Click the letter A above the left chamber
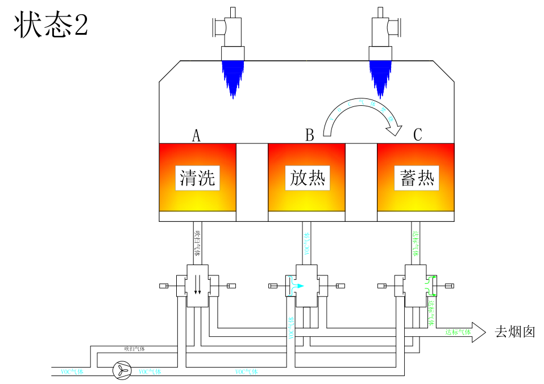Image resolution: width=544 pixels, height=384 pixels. (x=196, y=135)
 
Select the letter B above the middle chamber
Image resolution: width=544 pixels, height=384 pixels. (x=309, y=135)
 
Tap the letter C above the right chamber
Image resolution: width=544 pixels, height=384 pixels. (x=417, y=135)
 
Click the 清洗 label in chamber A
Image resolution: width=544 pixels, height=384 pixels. (x=197, y=178)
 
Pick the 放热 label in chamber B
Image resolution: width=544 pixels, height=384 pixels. (x=307, y=178)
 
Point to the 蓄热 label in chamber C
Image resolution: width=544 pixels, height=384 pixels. (x=416, y=178)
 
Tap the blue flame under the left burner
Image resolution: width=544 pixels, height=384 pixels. (x=232, y=77)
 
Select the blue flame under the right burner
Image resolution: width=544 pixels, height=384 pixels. (x=381, y=77)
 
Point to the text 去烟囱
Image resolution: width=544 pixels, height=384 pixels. (x=514, y=332)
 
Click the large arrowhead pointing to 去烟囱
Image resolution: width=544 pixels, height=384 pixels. (x=479, y=332)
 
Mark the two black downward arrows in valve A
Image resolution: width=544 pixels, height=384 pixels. (x=197, y=284)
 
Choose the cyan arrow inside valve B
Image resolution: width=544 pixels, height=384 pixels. (x=297, y=286)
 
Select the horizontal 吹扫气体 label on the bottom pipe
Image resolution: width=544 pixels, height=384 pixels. (x=135, y=349)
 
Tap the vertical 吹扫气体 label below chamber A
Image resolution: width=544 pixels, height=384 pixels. (x=197, y=242)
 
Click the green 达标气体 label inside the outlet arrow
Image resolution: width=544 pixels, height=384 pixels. (x=458, y=332)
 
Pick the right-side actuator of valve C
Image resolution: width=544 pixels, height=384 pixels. (x=449, y=286)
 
